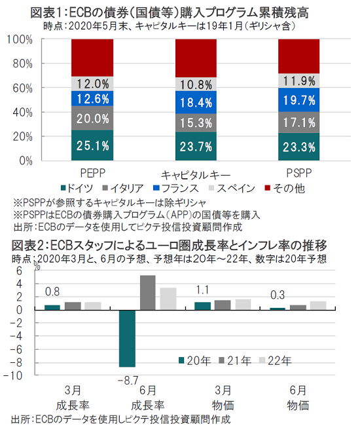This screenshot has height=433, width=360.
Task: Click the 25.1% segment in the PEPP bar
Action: tap(92, 145)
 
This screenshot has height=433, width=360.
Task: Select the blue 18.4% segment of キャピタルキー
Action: tap(196, 102)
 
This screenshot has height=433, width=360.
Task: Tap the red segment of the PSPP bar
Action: tap(298, 56)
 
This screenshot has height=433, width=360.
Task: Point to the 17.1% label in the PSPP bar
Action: tap(299, 122)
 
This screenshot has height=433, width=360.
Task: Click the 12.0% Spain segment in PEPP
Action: tap(92, 84)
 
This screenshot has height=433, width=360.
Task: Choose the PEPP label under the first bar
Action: tap(93, 173)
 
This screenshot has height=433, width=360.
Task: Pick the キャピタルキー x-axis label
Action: tap(196, 175)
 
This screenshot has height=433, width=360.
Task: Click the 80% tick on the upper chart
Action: tap(23, 64)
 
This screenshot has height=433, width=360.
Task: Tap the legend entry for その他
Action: tap(285, 189)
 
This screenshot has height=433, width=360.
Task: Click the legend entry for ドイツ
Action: tap(77, 189)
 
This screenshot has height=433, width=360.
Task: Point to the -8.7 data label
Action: tap(128, 381)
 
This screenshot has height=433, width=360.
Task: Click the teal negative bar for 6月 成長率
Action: tap(127, 339)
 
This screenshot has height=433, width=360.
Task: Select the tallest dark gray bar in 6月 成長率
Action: tap(147, 293)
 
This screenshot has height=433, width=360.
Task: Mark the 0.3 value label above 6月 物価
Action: tap(278, 295)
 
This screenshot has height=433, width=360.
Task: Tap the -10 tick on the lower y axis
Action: tap(13, 375)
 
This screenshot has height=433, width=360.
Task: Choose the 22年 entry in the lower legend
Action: tap(276, 361)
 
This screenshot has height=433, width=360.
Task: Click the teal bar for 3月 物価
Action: tap(202, 306)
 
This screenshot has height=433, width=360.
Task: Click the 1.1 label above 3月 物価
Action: tap(202, 290)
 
